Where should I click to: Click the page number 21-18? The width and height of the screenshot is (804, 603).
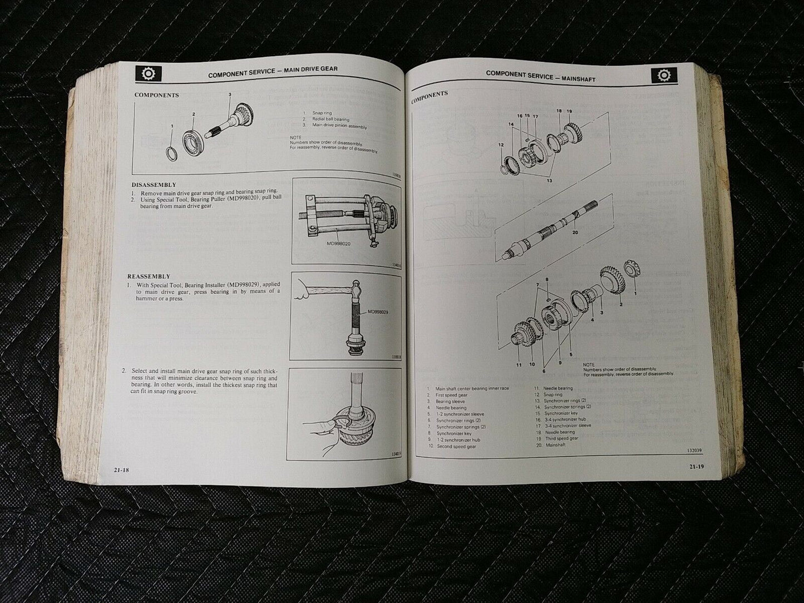(121, 470)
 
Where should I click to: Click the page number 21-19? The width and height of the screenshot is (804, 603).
(696, 466)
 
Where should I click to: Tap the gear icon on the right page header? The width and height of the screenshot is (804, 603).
(663, 75)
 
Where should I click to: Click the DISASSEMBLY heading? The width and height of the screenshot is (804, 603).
(154, 185)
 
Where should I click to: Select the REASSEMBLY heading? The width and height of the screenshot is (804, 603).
(149, 276)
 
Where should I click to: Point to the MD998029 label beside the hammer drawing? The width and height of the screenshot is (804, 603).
(378, 312)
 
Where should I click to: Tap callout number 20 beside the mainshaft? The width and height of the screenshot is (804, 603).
(575, 232)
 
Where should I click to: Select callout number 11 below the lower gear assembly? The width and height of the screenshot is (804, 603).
(519, 365)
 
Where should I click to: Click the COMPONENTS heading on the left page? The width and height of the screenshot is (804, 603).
(156, 95)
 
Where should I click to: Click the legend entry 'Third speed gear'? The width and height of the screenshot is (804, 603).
(561, 438)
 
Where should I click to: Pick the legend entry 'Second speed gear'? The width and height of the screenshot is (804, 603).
(456, 446)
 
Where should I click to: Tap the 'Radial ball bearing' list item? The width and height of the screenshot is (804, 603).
(331, 120)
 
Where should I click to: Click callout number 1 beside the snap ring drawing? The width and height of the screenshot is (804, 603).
(172, 126)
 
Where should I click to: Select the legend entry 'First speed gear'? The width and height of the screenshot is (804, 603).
(451, 395)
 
